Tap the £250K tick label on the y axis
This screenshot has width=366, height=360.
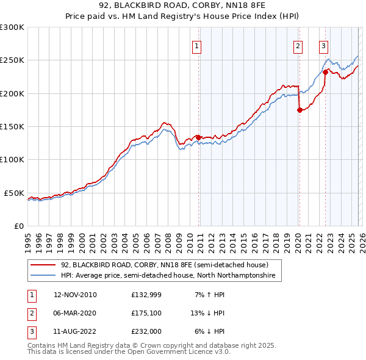12,60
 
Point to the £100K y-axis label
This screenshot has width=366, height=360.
12,159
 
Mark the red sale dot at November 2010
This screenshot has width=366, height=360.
198,138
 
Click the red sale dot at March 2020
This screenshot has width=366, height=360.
299,110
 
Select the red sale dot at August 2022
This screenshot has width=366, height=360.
325,73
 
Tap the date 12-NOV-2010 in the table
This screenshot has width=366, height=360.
75,295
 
